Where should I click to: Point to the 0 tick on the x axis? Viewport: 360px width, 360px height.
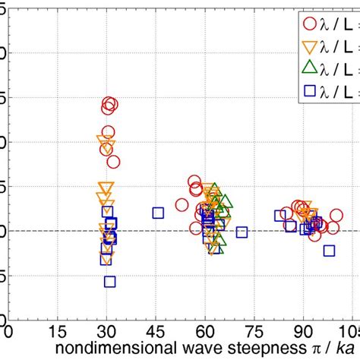[x=9, y=332]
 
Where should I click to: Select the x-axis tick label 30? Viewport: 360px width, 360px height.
[x=107, y=332]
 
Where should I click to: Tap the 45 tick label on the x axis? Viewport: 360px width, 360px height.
[x=156, y=332]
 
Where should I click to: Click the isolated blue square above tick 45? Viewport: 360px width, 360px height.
[x=158, y=213]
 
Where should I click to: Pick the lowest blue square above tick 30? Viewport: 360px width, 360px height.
[x=109, y=281]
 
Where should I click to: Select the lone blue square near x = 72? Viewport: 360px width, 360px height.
[x=242, y=232]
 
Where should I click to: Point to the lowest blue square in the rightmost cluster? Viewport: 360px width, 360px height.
[x=329, y=251]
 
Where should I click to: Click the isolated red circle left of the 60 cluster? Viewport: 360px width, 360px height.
[x=182, y=205]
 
